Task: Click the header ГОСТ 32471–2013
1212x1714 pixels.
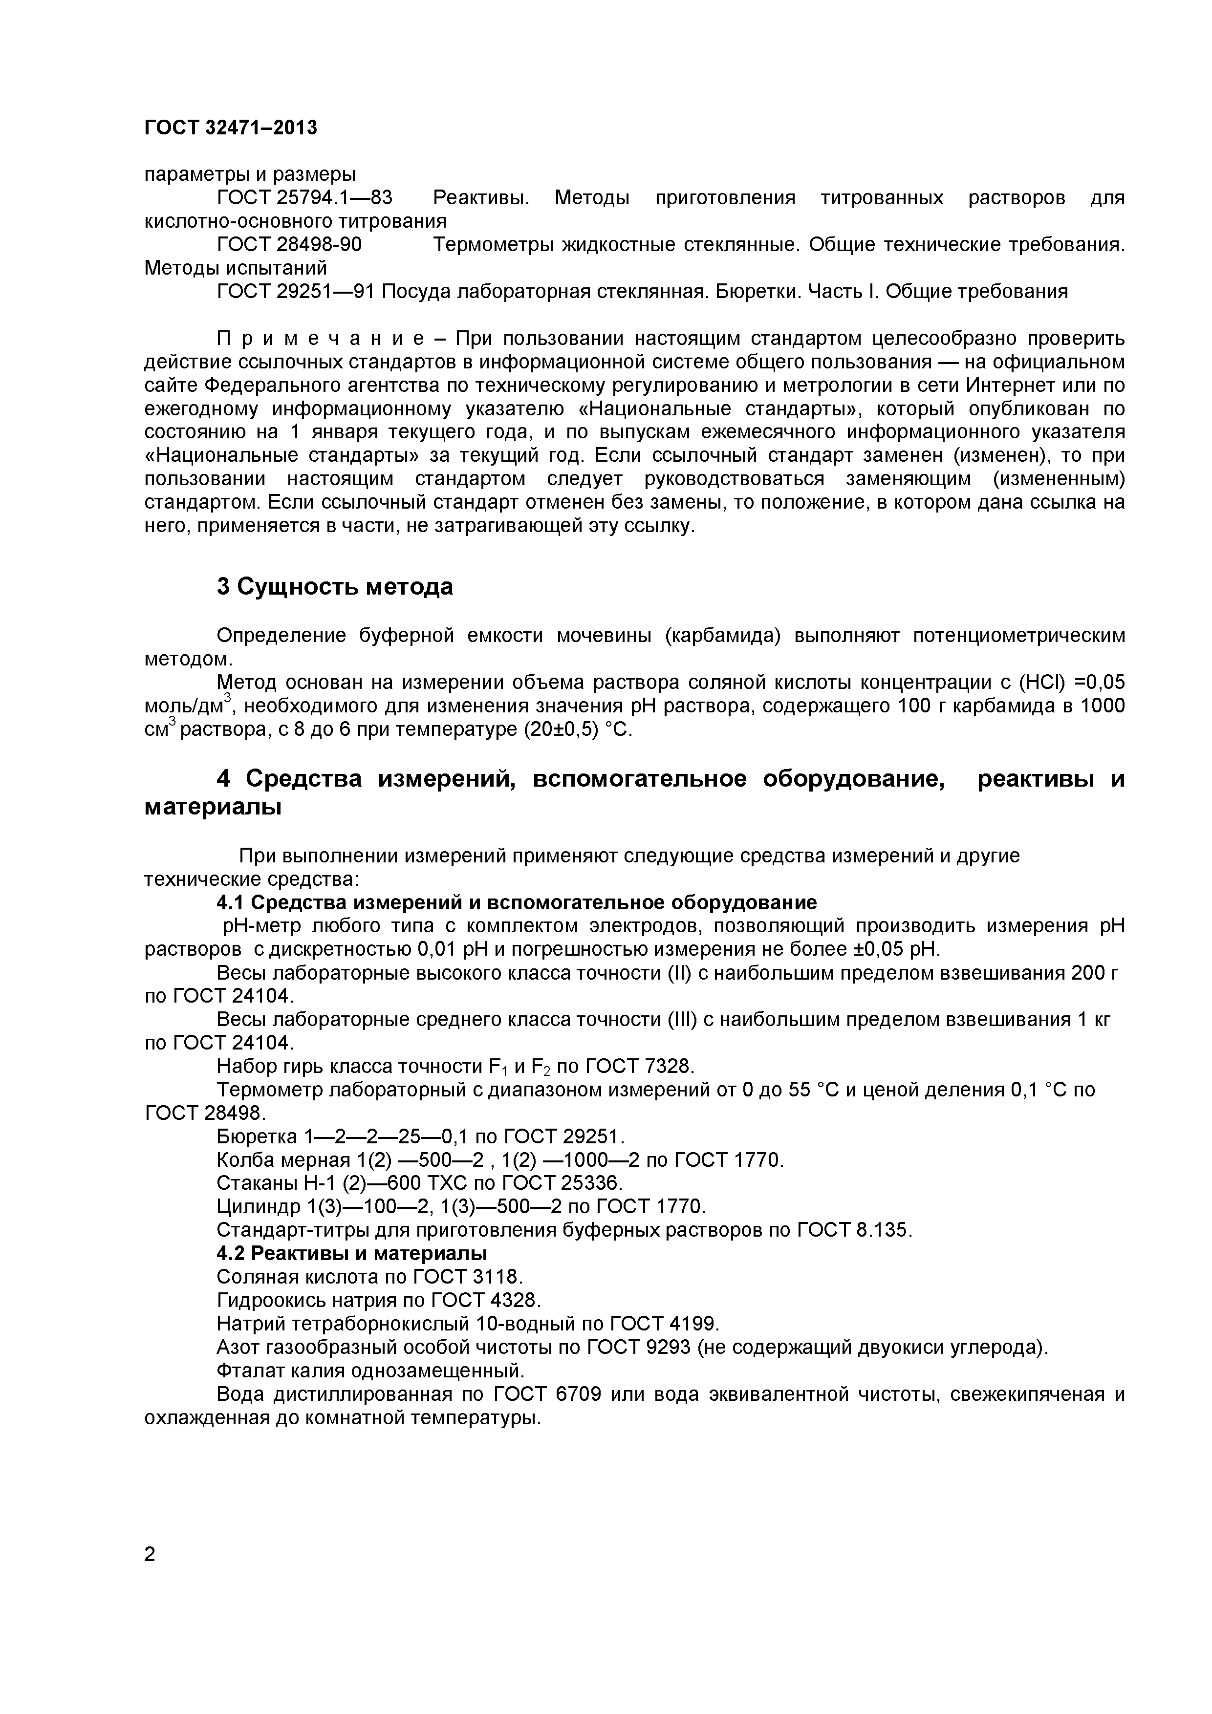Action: pyautogui.click(x=230, y=129)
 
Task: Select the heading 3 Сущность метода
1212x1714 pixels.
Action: pyautogui.click(x=335, y=587)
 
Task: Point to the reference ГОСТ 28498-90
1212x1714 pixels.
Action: pyautogui.click(x=289, y=245)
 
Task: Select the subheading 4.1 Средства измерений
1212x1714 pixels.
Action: pyautogui.click(x=516, y=902)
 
